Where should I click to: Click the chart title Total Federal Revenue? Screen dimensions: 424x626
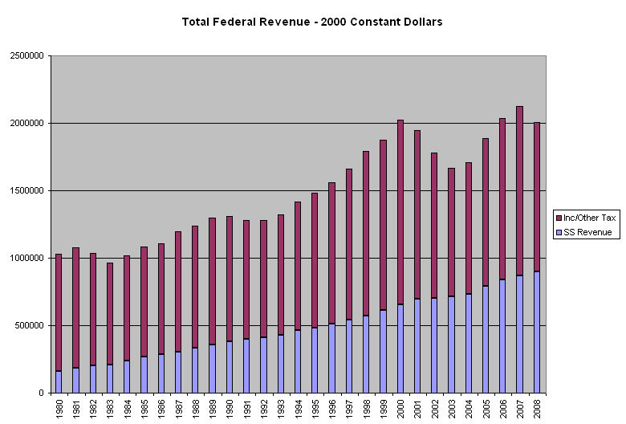point(312,22)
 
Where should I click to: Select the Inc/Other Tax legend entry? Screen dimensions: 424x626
point(589,218)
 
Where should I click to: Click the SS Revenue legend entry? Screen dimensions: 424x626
point(587,232)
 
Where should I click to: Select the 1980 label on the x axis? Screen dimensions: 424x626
point(59,408)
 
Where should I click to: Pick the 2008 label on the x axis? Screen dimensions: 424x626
point(537,408)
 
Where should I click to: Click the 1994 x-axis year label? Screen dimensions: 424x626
point(298,408)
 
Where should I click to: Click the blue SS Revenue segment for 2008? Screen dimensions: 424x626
point(537,332)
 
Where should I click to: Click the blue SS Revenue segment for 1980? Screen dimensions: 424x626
point(59,381)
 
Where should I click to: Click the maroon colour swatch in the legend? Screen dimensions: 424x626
point(559,218)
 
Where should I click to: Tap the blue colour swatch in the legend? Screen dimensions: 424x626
point(559,232)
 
